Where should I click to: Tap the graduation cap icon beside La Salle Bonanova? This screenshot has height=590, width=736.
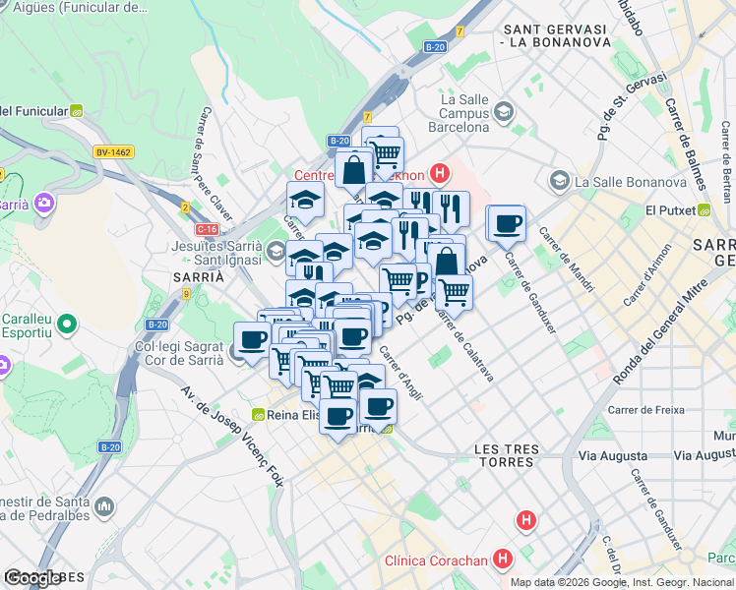pyautogui.click(x=560, y=181)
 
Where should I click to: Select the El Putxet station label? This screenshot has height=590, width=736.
pyautogui.click(x=672, y=210)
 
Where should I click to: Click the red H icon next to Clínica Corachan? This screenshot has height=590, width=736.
pyautogui.click(x=504, y=560)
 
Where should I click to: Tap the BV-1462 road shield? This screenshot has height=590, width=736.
pyautogui.click(x=113, y=152)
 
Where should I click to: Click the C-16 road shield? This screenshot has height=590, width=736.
pyautogui.click(x=207, y=229)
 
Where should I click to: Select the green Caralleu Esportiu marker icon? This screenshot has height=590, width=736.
pyautogui.click(x=66, y=323)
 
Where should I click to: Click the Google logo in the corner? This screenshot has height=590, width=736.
pyautogui.click(x=31, y=578)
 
